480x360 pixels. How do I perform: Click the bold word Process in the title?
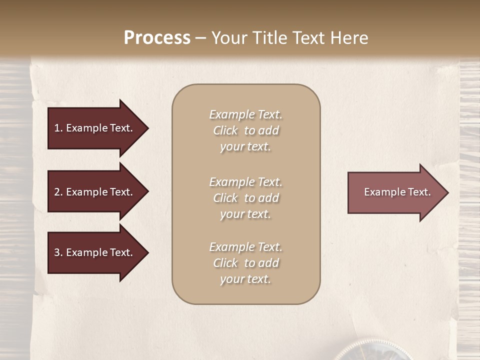point(157,38)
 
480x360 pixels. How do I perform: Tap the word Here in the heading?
point(349,38)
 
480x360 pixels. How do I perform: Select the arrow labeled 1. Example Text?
point(95,128)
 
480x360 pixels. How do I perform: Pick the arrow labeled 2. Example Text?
point(95,192)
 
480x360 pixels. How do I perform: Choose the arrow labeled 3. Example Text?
point(95,252)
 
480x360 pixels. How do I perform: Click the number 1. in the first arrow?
point(58,128)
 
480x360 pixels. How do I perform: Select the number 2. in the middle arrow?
point(58,192)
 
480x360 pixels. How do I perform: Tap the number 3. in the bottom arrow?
point(58,252)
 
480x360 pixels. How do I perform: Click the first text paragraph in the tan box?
point(245,130)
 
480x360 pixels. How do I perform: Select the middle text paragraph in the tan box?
point(245,198)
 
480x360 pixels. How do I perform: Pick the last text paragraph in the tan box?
point(245,263)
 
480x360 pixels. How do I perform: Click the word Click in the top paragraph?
point(225,130)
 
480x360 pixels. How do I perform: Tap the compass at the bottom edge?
point(372,353)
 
